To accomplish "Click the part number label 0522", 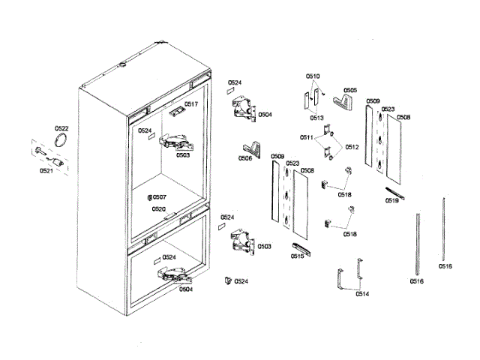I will (x=61, y=128).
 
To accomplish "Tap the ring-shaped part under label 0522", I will (x=62, y=141).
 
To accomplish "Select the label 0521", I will (x=46, y=170).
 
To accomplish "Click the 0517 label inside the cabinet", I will (x=190, y=104).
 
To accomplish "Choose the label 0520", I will (x=158, y=209).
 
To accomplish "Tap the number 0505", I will (x=350, y=90).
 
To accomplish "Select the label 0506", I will (x=245, y=158).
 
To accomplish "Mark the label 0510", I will (x=313, y=76).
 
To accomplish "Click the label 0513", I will (x=316, y=118).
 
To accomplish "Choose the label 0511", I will (x=307, y=138).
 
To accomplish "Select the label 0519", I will (x=391, y=201).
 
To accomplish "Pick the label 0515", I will (x=297, y=256).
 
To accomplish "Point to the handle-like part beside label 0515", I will (x=298, y=247).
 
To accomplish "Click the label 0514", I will (x=361, y=294).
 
